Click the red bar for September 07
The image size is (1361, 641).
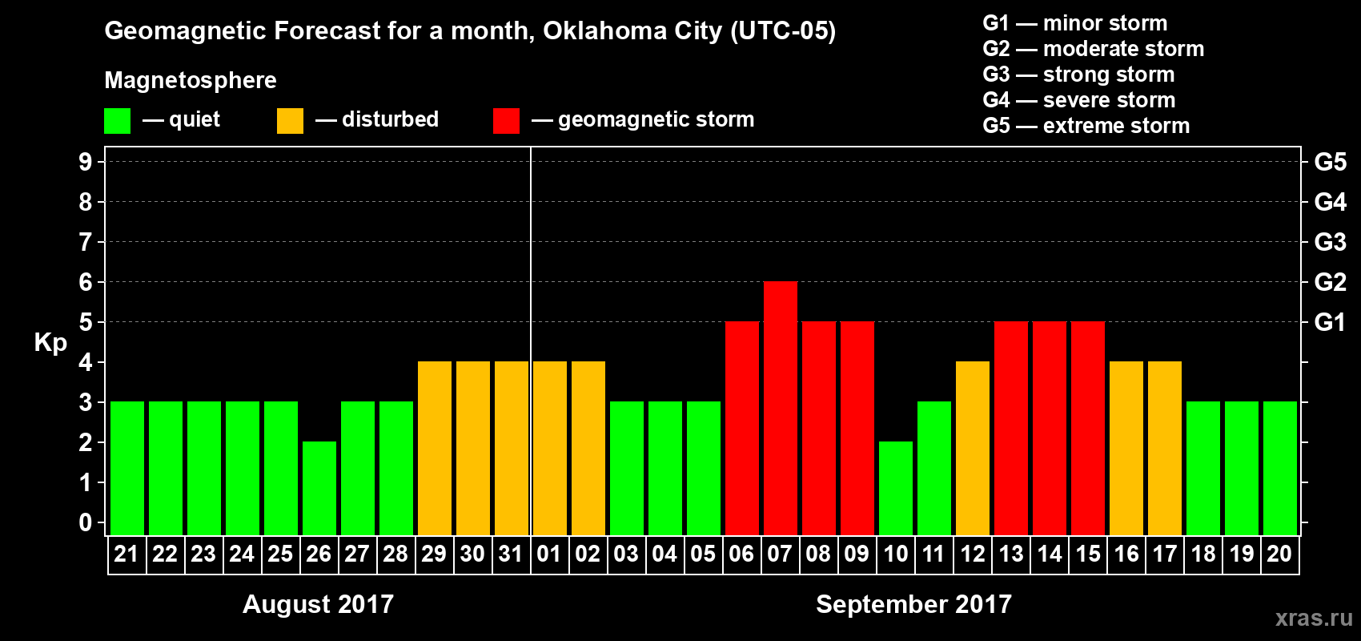(781, 409)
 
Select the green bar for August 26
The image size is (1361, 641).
(319, 488)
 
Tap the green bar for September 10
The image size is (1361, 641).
(896, 488)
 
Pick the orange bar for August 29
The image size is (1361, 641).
(435, 449)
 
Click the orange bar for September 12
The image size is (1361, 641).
(973, 449)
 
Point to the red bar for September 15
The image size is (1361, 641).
(1088, 429)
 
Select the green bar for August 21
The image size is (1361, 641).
(127, 469)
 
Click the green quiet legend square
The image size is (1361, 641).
(117, 121)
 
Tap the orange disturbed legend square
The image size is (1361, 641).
(290, 121)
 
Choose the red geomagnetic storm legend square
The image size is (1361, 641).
(506, 121)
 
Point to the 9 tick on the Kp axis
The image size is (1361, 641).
(86, 162)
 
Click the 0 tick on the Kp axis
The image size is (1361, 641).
(86, 523)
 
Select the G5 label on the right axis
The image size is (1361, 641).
(1330, 162)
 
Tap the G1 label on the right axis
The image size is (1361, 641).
(1330, 322)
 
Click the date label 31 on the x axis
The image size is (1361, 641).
(511, 554)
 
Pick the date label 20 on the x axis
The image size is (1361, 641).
(1279, 554)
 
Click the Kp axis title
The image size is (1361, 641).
(50, 342)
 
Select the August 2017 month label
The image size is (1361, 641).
(318, 604)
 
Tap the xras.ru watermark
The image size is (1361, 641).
(1314, 618)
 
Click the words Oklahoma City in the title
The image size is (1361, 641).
(632, 31)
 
